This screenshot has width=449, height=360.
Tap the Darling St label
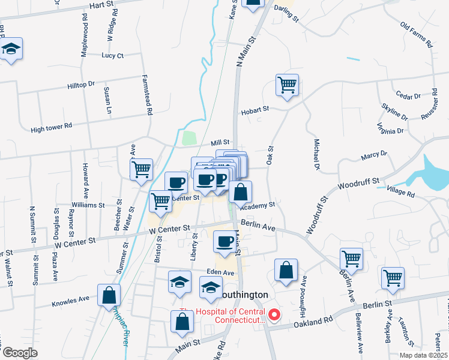pyautogui.click(x=286, y=19)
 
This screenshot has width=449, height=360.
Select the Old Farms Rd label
pyautogui.click(x=416, y=35)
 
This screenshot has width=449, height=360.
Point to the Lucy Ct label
pyautogui.click(x=112, y=56)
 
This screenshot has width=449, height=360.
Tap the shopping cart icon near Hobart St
pyautogui.click(x=288, y=85)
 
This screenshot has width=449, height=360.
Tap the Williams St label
pyautogui.click(x=88, y=205)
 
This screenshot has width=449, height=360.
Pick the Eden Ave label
pyautogui.click(x=220, y=272)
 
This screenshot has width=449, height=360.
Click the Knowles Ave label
pyautogui.click(x=71, y=298)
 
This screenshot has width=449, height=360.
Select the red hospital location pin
pyautogui.click(x=274, y=314)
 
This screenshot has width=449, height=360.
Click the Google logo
pyautogui.click(x=20, y=352)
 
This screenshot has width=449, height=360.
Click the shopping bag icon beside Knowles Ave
pyautogui.click(x=109, y=295)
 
